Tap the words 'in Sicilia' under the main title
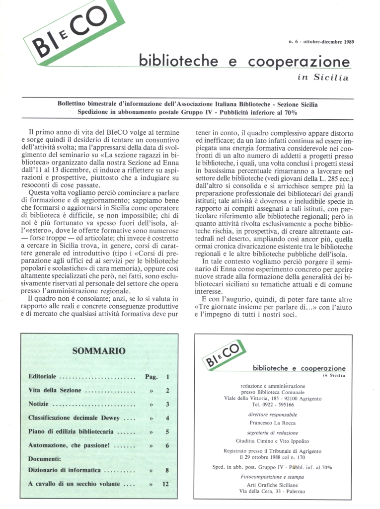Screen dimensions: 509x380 tap(323, 78)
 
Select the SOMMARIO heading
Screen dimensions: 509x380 tap(99, 351)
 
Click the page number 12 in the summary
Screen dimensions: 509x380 tap(166, 484)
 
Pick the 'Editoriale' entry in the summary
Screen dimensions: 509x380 tap(42, 377)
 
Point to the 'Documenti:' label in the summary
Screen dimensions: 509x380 tap(45, 458)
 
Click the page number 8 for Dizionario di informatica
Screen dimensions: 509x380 tap(167, 470)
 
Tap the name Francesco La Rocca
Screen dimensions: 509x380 tap(273, 423)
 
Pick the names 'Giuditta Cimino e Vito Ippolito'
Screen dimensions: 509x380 tap(273, 440)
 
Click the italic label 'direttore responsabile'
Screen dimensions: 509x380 tap(273, 414)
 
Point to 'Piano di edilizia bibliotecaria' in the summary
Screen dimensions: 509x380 tap(73, 432)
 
